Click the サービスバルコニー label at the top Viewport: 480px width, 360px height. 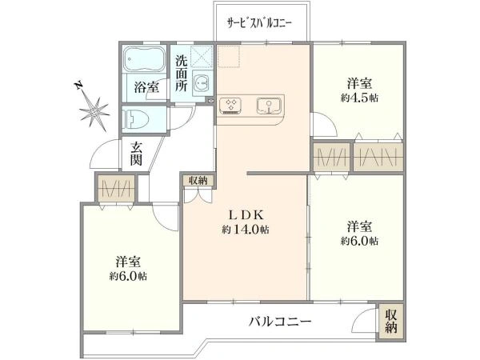258,23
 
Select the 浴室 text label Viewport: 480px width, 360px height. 145,87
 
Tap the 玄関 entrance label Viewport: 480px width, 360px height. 137,154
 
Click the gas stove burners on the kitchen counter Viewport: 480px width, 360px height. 232,105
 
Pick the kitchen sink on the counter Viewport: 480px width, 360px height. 267,105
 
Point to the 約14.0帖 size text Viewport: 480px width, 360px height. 246,230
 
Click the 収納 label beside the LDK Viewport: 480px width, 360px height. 198,180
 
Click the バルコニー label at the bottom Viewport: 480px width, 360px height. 279,322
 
